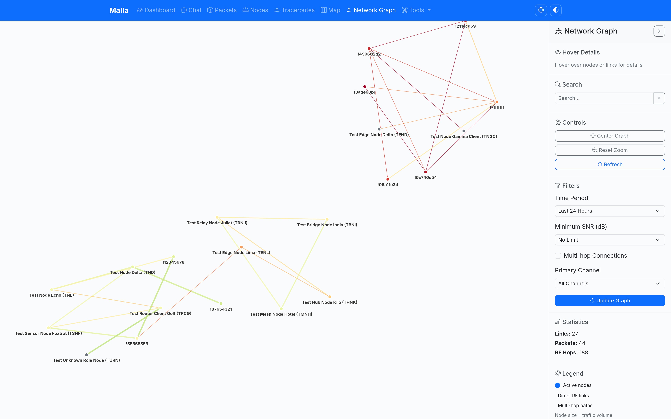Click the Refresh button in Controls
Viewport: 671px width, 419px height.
tap(610, 164)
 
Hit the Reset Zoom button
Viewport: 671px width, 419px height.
tap(610, 150)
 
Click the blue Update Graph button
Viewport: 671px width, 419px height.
tap(610, 301)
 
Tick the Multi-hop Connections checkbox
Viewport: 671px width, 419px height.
tap(558, 256)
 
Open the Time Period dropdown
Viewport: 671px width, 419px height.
tap(610, 211)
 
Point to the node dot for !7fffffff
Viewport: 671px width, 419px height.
tap(497, 102)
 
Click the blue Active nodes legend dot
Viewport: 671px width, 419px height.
tap(558, 385)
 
